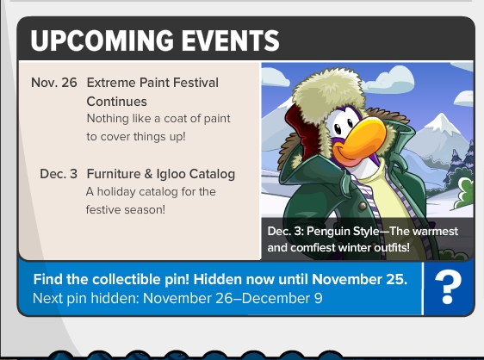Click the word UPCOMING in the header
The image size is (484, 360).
pos(102,40)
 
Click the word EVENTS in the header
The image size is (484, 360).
pos(230,40)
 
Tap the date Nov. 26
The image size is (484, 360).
pos(54,83)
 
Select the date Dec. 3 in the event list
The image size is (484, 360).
pos(59,174)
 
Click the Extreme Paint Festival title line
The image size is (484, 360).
pos(152,83)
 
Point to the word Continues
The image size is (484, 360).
pos(116,102)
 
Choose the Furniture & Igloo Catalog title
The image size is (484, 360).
pos(161,174)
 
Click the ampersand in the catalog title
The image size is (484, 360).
pos(148,174)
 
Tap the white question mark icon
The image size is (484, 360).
pos(448,287)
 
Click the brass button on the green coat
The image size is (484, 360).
pos(363,205)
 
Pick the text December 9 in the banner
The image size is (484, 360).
pos(282,298)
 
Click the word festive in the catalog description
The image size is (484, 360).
pos(103,209)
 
